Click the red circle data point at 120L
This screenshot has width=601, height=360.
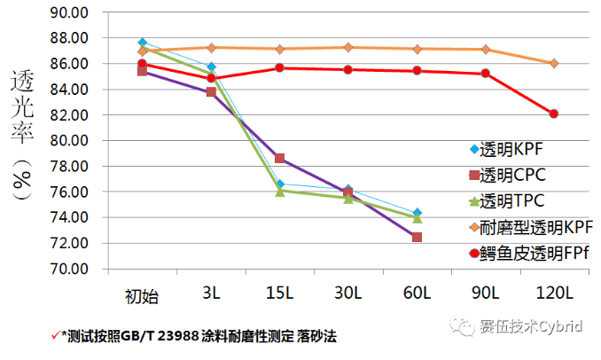tap(553, 113)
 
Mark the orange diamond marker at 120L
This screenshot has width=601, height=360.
tap(553, 63)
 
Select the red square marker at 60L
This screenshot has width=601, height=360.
tap(417, 237)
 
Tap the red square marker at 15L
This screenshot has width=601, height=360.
tap(279, 159)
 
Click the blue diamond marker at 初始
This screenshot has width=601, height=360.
tap(143, 43)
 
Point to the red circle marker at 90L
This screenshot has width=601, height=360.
tap(485, 74)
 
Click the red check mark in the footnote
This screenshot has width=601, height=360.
tap(56, 336)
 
